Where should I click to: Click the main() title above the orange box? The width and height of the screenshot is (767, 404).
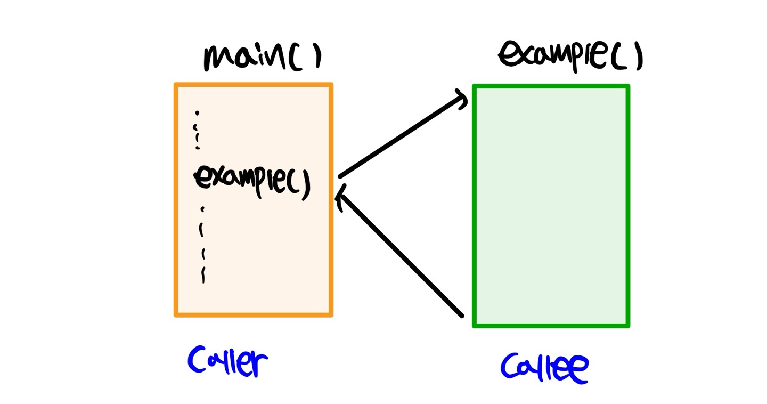coord(262,57)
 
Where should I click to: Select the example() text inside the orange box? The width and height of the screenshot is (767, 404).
coord(252,180)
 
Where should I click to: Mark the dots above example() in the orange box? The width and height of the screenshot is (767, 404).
coord(198,130)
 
